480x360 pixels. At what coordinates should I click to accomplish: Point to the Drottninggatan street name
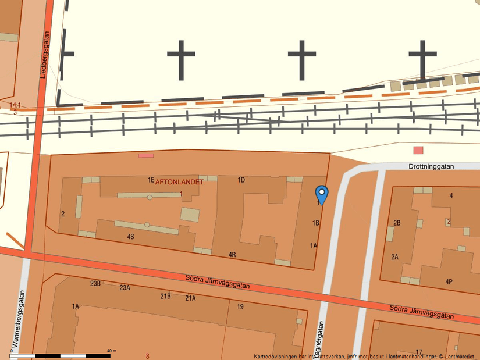coord(431,166)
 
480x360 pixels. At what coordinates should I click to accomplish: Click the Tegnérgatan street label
coord(318,341)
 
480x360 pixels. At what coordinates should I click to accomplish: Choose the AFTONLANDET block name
coord(179,182)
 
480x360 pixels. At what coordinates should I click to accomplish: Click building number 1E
coord(151,180)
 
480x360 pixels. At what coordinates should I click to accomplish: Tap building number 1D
coord(241,180)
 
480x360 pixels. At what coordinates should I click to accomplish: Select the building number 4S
coord(131,237)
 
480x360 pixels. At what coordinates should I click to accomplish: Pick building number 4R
coord(232,255)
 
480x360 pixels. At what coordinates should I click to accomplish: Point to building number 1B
coord(316,223)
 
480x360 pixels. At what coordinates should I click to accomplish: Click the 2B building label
coord(397,223)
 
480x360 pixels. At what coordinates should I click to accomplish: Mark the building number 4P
coord(449,282)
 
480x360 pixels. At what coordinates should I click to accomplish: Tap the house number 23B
coord(95,283)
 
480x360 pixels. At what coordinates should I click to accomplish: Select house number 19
coord(240,306)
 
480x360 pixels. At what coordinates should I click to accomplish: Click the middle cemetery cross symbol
coord(302,60)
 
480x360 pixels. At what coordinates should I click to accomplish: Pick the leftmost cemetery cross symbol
coord(181,60)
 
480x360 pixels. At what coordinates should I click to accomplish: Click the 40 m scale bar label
coord(112,351)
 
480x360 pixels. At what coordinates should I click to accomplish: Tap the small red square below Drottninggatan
coord(418,150)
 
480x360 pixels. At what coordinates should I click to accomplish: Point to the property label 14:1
coord(15,105)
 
